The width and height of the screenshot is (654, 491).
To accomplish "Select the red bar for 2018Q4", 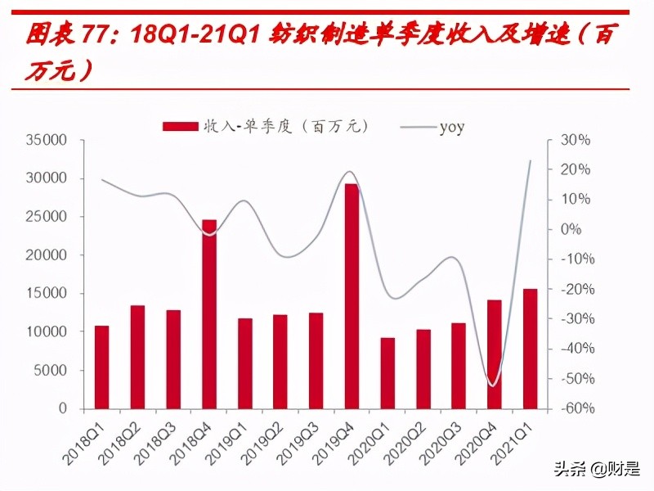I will coord(209,314).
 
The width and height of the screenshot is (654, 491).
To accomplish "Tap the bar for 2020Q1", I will coord(387,373).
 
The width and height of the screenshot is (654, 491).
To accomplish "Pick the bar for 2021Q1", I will coord(530,349).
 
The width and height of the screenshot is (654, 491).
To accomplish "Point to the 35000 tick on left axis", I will coord(46,140).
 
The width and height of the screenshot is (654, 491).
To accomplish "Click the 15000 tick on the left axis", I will coord(46,294).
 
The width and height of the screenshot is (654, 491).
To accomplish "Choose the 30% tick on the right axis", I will coord(575,140).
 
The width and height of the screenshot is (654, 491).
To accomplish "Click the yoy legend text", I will coord(451,127).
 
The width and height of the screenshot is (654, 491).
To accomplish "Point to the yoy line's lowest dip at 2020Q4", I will coord(493,385).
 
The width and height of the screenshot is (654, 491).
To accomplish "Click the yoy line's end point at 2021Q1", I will coord(530,160).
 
